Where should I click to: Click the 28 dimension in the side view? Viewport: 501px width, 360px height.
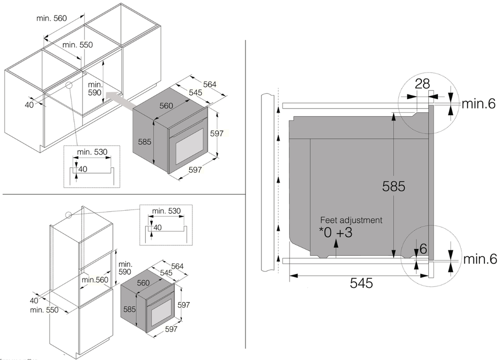tap(422, 84)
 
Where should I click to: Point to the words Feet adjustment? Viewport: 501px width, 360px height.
tap(351, 220)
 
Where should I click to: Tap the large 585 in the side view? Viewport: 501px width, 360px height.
tap(393, 186)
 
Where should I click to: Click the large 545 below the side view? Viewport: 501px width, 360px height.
tap(361, 283)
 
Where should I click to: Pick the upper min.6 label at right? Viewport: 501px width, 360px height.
tap(478, 104)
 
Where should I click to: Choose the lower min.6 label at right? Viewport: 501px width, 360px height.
tap(478, 259)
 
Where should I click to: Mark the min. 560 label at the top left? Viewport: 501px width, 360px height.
tap(52, 19)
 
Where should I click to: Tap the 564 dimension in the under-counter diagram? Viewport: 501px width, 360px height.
tap(209, 84)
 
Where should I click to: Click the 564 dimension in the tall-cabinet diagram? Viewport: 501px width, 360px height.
tap(177, 266)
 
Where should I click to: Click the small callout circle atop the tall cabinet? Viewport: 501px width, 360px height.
tap(68, 215)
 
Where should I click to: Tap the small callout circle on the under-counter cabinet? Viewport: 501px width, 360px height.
tap(69, 85)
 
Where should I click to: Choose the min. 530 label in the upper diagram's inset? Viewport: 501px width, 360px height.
tap(92, 152)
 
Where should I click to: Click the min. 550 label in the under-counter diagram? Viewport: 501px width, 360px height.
tap(78, 45)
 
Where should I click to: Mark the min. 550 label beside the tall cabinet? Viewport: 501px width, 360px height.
tap(44, 310)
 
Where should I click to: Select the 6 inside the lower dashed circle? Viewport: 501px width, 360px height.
tap(423, 248)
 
